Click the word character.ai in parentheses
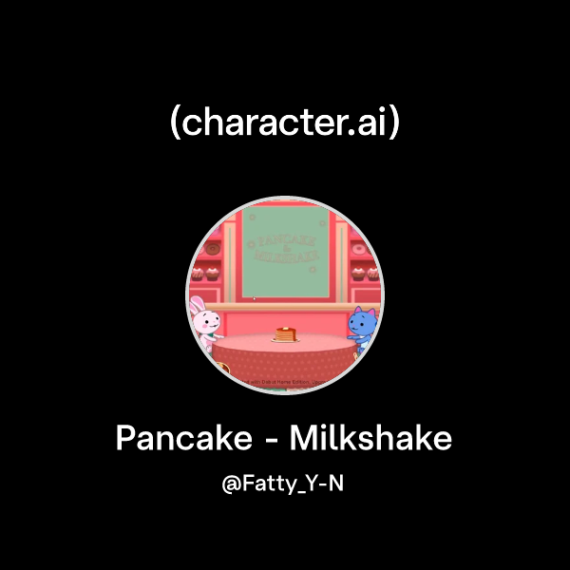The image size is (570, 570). tap(284, 123)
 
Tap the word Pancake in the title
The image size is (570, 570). tap(179, 439)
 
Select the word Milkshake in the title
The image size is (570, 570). tap(370, 439)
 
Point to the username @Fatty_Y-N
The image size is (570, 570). tap(284, 484)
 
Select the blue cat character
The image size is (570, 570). tap(362, 327)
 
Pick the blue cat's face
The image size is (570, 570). tap(361, 323)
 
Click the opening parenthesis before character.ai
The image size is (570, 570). tap(174, 123)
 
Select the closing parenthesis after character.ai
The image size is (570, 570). tap(394, 123)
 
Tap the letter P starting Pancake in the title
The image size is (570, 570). tap(124, 439)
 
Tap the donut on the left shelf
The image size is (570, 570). tap(213, 248)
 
